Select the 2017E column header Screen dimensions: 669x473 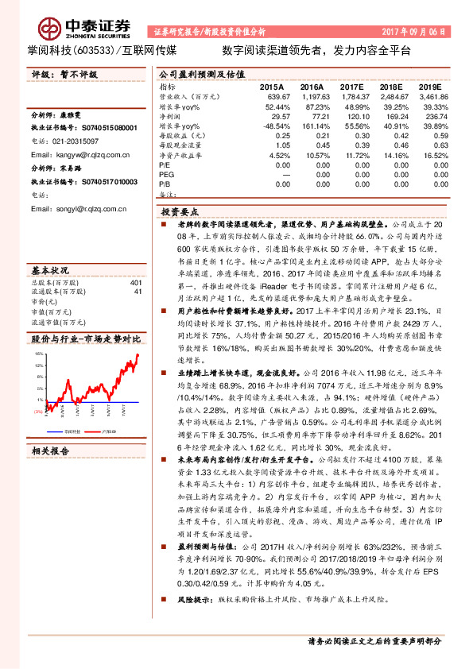click(352, 86)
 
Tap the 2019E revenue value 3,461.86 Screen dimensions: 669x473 click(430, 95)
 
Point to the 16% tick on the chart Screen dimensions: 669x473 click(39, 351)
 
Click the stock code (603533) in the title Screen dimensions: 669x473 click(95, 50)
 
